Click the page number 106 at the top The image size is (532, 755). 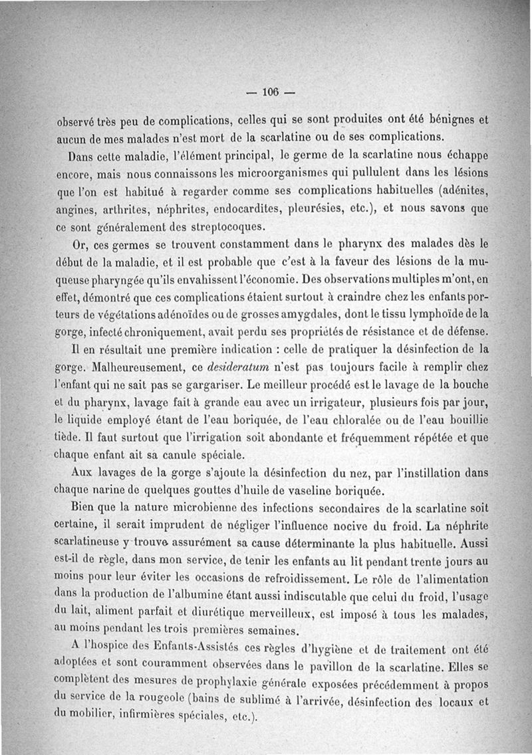[x=269, y=92]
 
